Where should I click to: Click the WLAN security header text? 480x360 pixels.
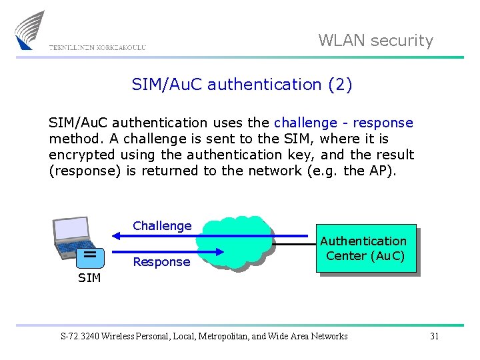375,41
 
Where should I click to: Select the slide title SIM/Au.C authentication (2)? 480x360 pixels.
242,85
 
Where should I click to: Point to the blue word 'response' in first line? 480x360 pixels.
383,123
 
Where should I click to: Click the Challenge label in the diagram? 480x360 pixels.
162,226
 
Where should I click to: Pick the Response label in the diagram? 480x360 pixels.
161,262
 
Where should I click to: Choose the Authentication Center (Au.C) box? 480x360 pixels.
366,248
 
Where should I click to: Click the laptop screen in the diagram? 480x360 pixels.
71,228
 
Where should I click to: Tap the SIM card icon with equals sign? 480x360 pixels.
88,255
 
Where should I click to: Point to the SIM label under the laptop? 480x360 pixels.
89,277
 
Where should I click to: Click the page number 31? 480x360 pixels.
434,336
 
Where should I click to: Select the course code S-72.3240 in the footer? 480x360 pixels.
79,336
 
